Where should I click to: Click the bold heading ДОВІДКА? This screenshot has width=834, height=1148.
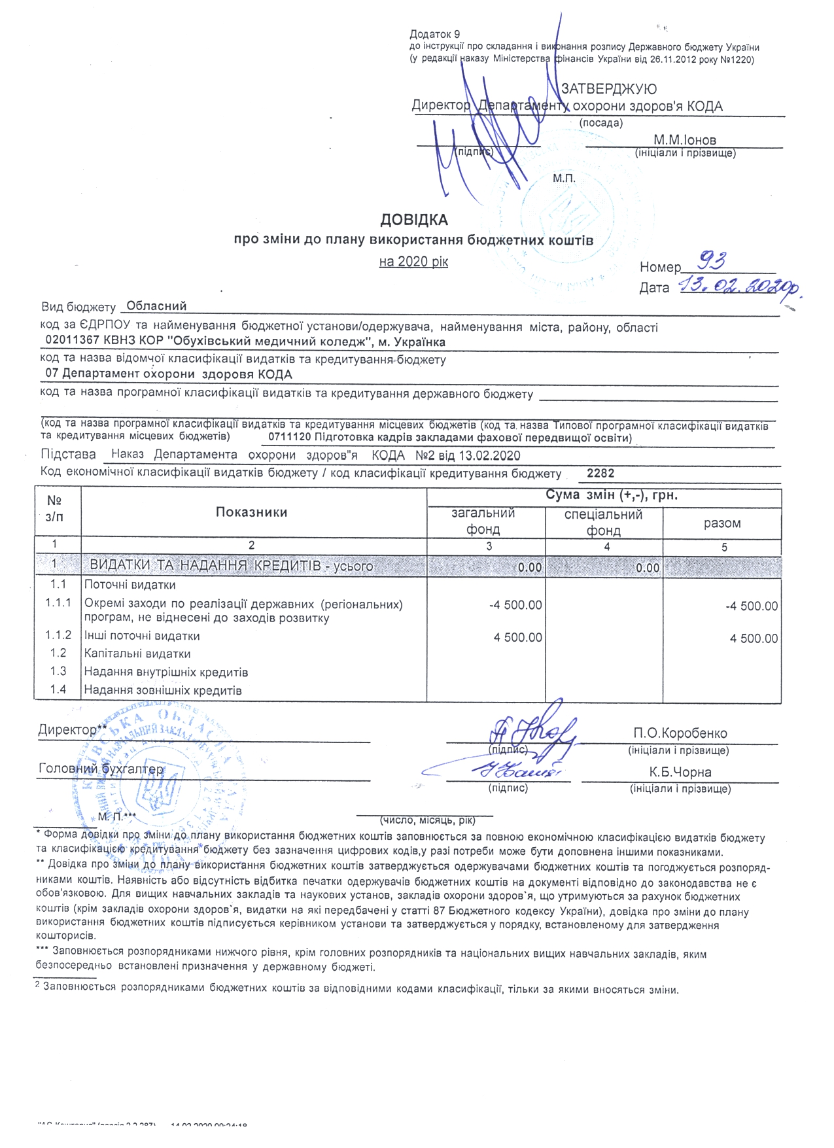pos(414,220)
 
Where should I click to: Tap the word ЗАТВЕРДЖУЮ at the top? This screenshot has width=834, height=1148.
pos(609,89)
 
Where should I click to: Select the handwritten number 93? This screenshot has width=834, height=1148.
pos(712,262)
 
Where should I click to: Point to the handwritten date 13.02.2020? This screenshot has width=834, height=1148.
pos(739,286)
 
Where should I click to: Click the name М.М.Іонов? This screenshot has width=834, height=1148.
pos(684,140)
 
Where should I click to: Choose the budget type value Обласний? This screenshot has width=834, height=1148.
pos(156,306)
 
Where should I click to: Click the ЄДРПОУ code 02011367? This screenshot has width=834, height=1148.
pos(72,341)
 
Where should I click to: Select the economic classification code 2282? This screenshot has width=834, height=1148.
pos(600,474)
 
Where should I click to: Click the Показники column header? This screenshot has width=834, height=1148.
pos(252,512)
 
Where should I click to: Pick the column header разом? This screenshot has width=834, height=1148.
pos(722,523)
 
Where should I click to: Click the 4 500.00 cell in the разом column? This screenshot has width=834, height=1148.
pos(754,638)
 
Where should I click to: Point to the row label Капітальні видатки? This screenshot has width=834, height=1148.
pos(137,653)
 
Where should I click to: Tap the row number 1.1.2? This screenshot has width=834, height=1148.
pos(58,635)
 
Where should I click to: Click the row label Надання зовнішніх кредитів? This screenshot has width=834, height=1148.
pos(163,690)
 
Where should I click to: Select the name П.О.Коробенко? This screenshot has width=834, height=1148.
pos(680,733)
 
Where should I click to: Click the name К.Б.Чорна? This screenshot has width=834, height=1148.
pos(680,772)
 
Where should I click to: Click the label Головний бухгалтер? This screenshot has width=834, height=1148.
pos(101,769)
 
